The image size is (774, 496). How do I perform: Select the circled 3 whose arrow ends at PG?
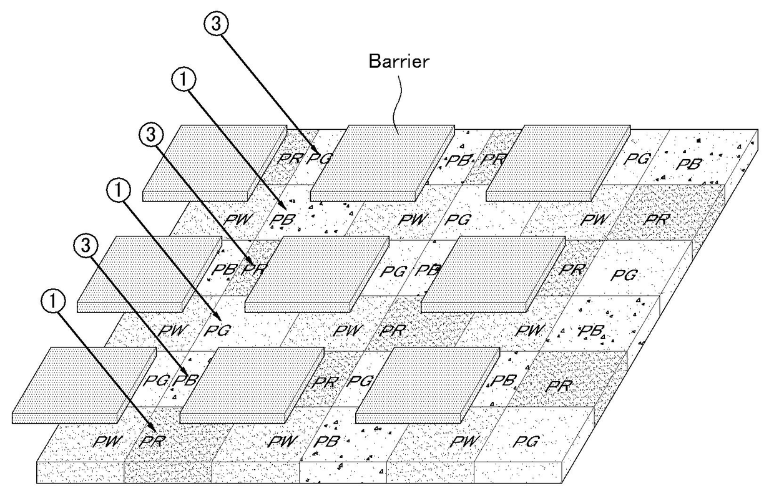click(216, 24)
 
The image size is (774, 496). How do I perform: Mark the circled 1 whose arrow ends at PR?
click(54, 300)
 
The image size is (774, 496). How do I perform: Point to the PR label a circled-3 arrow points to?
click(255, 270)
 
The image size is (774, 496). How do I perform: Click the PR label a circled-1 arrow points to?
click(151, 441)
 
